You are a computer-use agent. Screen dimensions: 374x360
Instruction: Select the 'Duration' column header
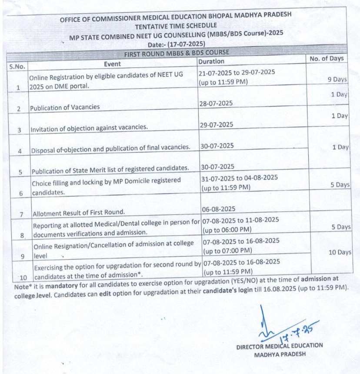211,62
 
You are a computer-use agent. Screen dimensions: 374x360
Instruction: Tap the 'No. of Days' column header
326,58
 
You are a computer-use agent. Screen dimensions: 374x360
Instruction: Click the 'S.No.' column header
18,67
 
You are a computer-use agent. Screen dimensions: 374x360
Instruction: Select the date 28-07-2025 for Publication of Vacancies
216,103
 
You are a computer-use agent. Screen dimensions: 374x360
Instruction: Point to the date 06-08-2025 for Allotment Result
218,209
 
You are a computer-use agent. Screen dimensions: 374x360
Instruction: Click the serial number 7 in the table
20,214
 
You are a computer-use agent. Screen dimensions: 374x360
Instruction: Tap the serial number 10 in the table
23,277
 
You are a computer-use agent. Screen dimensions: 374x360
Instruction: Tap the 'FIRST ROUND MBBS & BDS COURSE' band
177,53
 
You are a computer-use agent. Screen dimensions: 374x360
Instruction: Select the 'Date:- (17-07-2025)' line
177,44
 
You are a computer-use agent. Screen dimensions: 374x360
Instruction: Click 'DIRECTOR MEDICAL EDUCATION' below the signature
280,346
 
